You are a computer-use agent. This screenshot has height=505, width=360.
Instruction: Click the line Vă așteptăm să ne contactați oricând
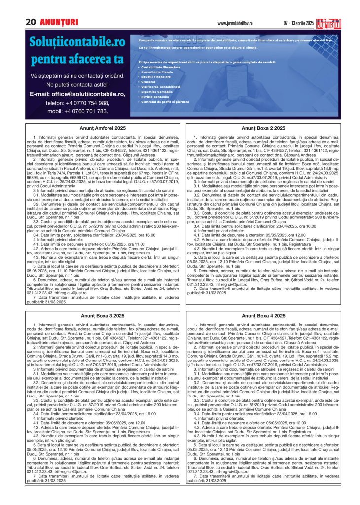[77, 76]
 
